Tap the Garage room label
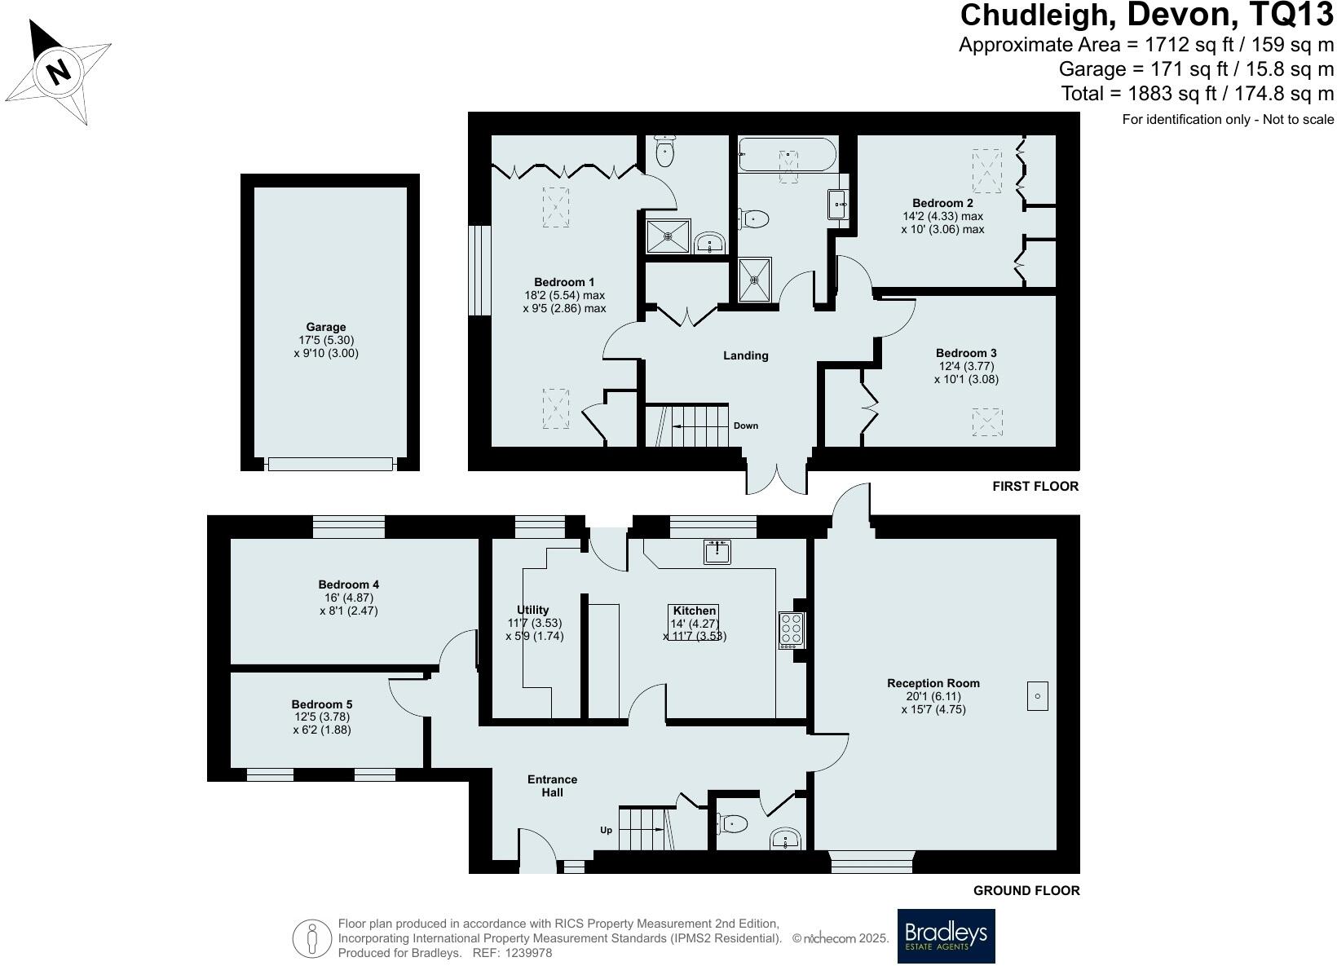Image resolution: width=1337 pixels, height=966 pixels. [x=326, y=327]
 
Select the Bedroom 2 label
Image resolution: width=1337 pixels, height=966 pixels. [x=942, y=203]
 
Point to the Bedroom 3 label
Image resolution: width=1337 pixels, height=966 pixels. [x=966, y=353]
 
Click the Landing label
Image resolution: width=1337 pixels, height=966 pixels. [x=746, y=355]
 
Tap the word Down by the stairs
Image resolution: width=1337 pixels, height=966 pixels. [x=745, y=426]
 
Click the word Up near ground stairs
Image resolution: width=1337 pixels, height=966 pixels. [x=606, y=830]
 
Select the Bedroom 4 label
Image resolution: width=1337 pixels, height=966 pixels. [x=348, y=584]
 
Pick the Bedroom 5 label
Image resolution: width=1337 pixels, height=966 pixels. [x=322, y=704]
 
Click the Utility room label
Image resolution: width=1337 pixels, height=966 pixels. [x=533, y=610]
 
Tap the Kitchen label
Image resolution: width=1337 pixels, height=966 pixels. [x=695, y=611]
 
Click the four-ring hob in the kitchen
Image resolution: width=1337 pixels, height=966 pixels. [x=791, y=629]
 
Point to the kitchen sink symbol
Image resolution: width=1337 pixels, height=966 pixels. [x=717, y=552]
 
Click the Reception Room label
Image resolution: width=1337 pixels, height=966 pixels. [x=933, y=683]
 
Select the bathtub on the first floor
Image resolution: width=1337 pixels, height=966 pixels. [x=787, y=155]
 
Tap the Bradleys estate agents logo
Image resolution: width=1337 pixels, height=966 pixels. [x=946, y=936]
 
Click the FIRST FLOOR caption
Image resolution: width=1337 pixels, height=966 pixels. [x=1035, y=487]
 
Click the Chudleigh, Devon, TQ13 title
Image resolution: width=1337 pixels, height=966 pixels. [x=1147, y=15]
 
